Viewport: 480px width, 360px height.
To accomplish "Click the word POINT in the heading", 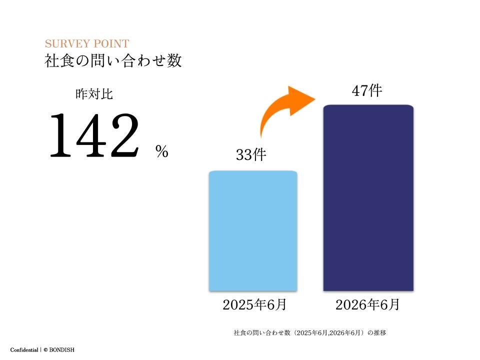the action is pos(111,44).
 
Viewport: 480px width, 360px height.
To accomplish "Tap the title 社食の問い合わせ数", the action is pos(113,60).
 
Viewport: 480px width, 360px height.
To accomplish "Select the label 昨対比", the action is pos(94,94).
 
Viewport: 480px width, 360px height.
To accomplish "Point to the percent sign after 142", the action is pos(162,151).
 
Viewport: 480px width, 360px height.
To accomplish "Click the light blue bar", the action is pos(253,231).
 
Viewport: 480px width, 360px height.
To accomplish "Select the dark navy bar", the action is pos(368,198).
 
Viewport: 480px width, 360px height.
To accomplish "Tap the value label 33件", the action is pos(251,154).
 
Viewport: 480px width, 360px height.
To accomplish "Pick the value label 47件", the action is pos(367,90).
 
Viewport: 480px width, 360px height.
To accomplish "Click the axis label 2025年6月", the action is pos(254,305).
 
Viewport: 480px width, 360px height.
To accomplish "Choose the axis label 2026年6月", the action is pos(367,305).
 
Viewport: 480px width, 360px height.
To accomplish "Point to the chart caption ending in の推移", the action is pos(310,333).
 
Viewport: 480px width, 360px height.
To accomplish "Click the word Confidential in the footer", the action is pos(24,350).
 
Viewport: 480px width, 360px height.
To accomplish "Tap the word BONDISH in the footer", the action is pos(62,350).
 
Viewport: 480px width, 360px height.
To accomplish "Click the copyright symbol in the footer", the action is pos(45,350).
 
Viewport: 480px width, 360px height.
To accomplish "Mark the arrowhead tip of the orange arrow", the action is pos(315,98).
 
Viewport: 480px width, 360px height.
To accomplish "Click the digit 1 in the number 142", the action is pos(61,135).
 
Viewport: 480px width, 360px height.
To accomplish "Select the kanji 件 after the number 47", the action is pos(375,90).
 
